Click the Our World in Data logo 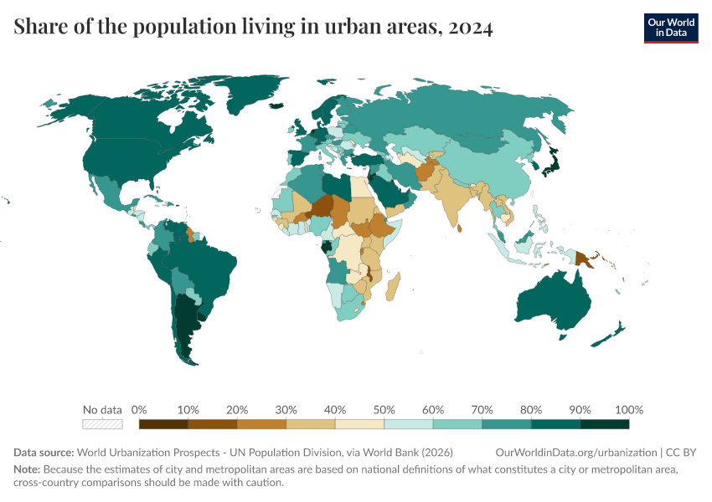coord(670,27)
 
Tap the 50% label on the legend coord(384,410)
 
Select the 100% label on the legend coord(628,410)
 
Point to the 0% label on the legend coord(139,410)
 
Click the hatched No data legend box coord(102,424)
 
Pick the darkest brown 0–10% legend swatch coord(163,424)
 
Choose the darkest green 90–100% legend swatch coord(604,424)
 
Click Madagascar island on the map coord(395,285)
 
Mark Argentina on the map coord(186,326)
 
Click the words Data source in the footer coord(41,453)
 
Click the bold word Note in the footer coord(27,469)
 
